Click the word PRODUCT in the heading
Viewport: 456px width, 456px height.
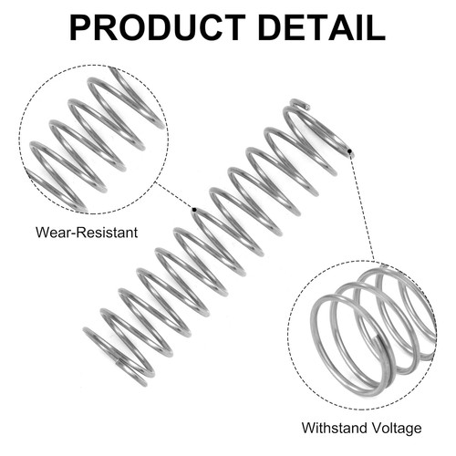click(157, 27)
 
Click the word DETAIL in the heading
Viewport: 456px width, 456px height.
click(322, 27)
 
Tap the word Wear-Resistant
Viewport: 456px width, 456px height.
click(87, 233)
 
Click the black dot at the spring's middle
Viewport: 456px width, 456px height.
click(194, 210)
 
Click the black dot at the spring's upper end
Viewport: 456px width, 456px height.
click(349, 151)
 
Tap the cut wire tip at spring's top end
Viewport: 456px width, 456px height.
click(307, 107)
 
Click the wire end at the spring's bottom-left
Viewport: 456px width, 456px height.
click(118, 361)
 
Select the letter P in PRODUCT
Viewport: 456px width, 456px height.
click(80, 27)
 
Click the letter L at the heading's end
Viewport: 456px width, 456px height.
click(377, 27)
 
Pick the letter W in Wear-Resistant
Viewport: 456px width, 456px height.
click(42, 233)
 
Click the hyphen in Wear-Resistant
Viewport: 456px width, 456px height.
click(74, 234)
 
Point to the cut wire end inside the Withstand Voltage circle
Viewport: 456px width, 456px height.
click(377, 338)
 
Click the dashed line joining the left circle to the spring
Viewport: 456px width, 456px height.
click(174, 196)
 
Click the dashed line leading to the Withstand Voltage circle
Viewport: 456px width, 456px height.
click(362, 206)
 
